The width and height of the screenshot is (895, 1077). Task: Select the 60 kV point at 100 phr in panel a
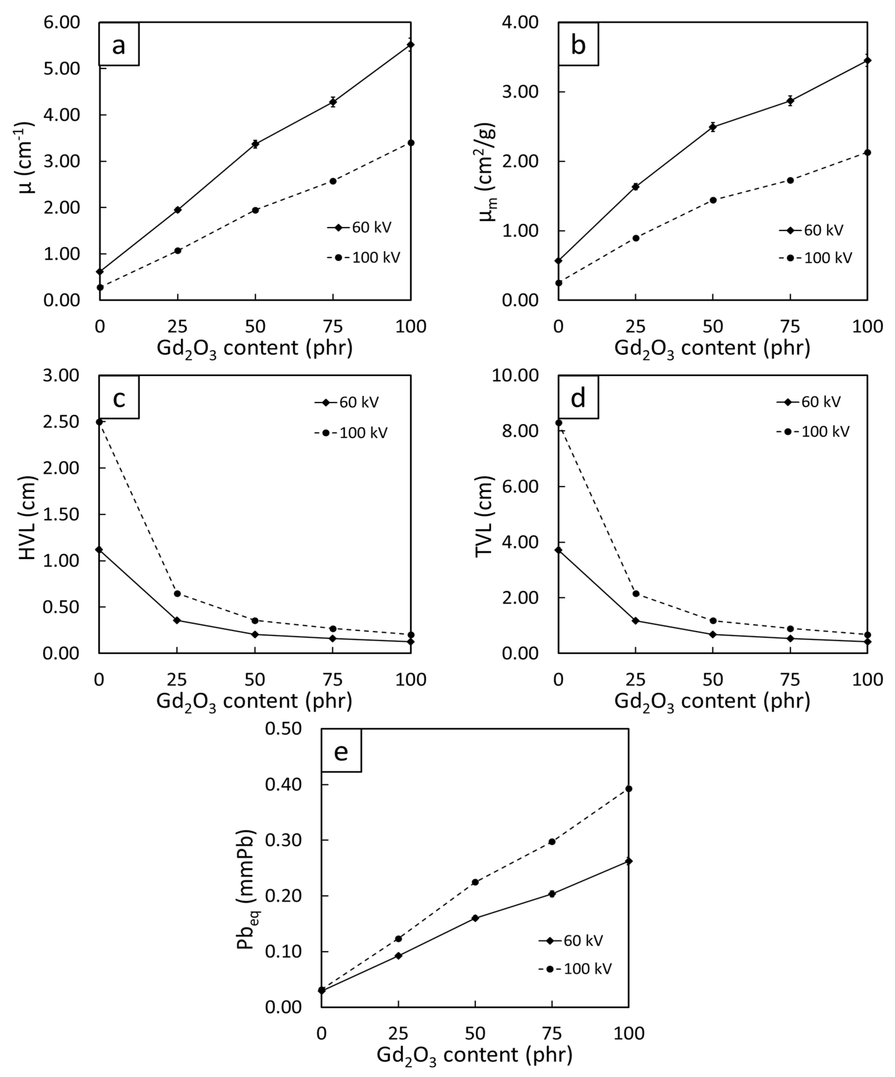(411, 45)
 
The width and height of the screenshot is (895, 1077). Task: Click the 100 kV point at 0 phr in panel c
(100, 421)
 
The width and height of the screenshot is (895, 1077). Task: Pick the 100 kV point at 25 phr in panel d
(636, 593)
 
